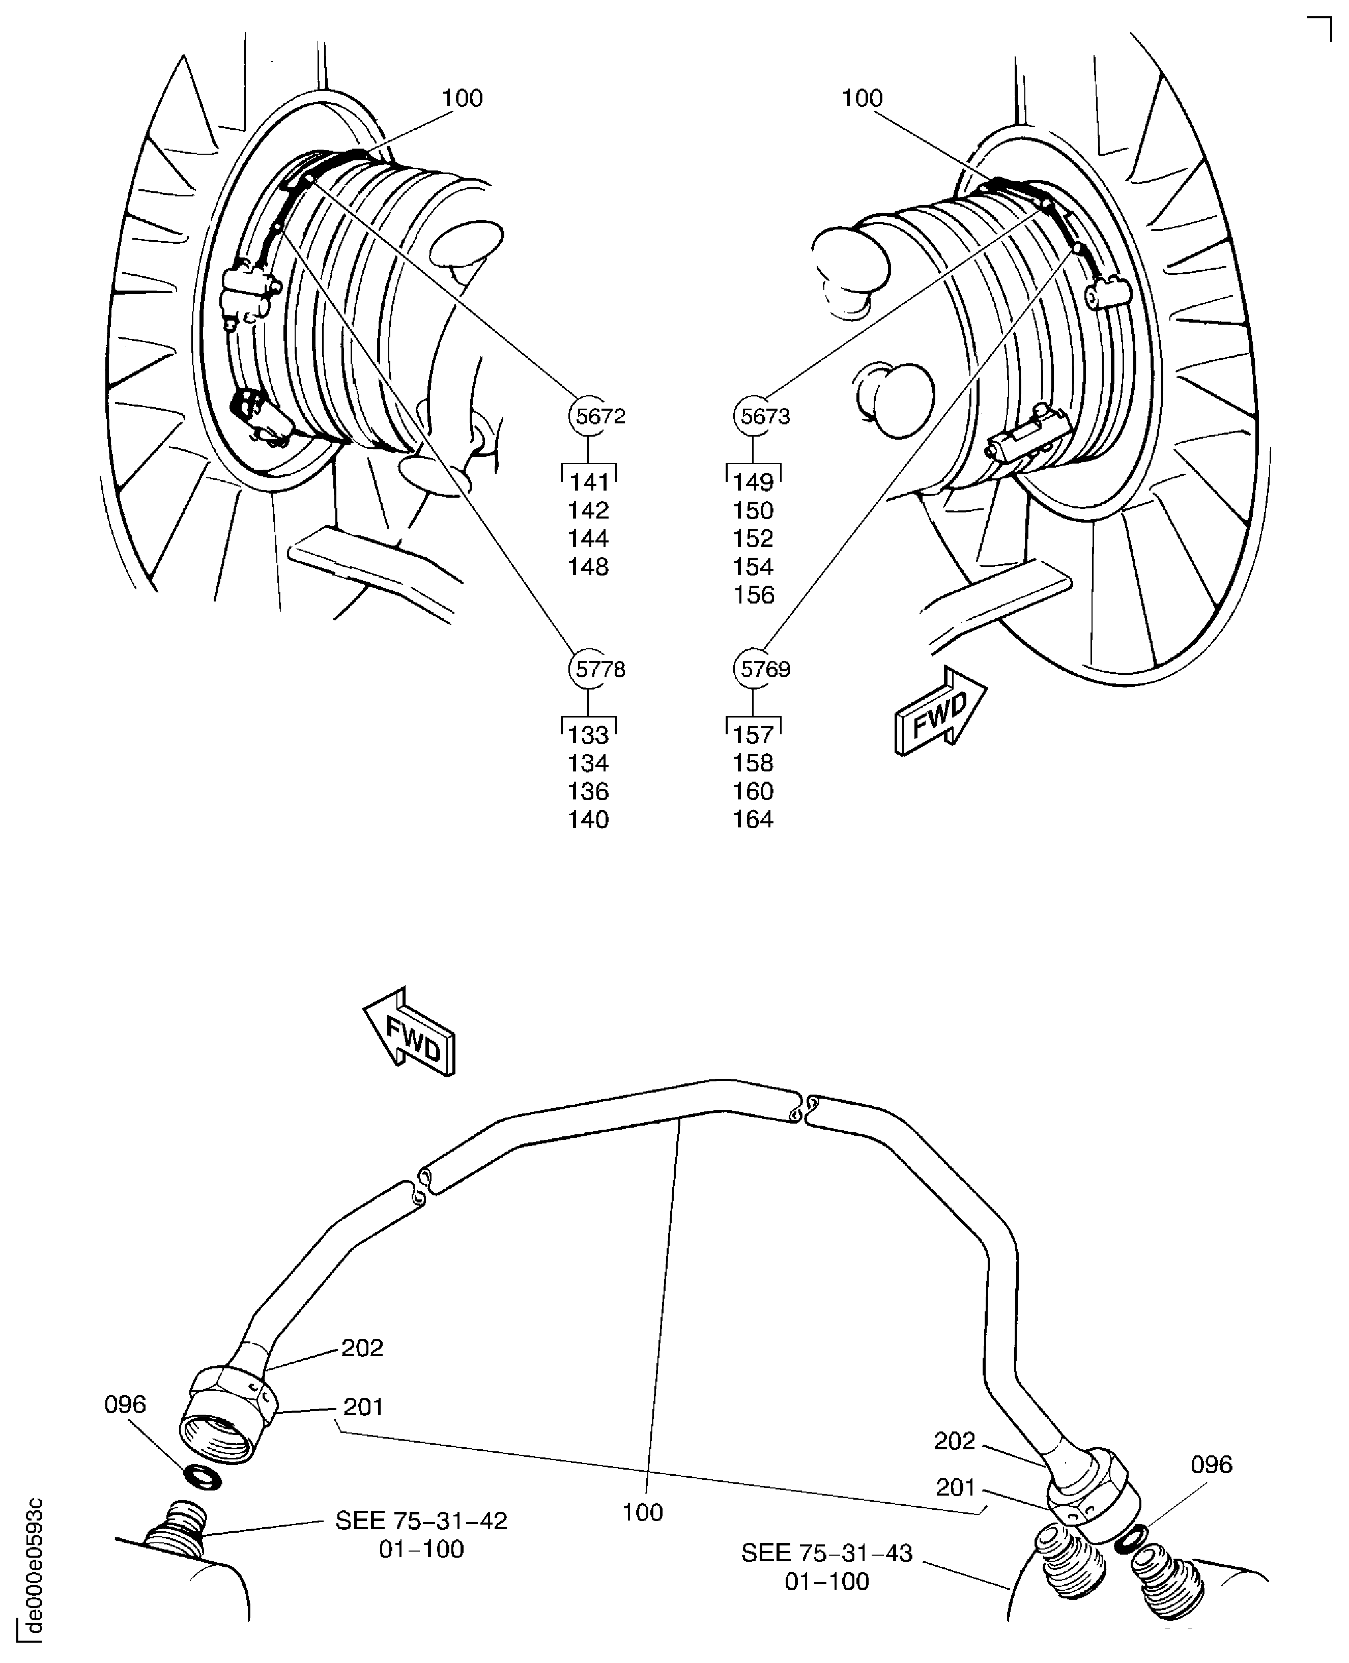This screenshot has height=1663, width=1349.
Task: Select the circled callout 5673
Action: [754, 417]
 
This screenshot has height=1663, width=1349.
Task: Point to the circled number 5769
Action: [754, 669]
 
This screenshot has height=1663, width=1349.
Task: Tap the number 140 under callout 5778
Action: [588, 820]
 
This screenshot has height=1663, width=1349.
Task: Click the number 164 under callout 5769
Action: [753, 820]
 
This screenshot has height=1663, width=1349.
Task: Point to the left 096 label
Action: [125, 1404]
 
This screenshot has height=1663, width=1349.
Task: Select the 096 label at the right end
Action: [1212, 1465]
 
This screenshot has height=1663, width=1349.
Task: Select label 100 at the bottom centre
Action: [643, 1512]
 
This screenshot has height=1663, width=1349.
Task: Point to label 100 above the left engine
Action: [463, 98]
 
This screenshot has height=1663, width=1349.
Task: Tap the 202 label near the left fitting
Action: [362, 1347]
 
